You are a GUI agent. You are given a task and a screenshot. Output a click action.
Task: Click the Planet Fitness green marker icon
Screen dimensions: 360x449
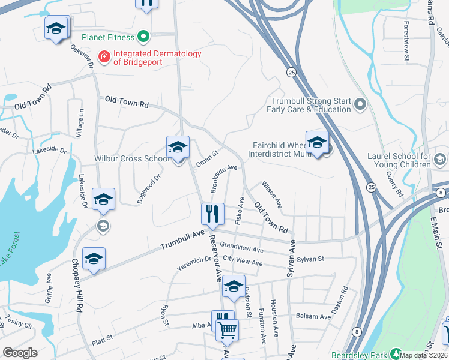click(143, 38)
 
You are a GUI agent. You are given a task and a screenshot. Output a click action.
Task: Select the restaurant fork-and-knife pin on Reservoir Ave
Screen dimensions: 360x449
click(211, 212)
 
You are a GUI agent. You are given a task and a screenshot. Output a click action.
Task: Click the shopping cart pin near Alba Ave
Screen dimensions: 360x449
click(228, 329)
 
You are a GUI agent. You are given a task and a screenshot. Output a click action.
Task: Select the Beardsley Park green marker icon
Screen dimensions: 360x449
click(396, 353)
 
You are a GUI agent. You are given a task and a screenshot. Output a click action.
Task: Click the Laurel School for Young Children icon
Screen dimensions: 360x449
click(439, 159)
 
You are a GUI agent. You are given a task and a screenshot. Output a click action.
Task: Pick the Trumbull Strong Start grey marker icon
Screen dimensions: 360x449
click(360, 106)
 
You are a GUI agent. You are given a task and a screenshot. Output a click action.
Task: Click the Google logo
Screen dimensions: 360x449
click(20, 353)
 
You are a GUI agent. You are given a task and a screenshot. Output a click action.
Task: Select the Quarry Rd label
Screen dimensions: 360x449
click(394, 185)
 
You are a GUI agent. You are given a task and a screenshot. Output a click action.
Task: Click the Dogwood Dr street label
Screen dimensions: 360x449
click(149, 189)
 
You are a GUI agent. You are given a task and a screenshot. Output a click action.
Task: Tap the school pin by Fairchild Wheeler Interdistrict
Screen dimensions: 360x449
click(317, 143)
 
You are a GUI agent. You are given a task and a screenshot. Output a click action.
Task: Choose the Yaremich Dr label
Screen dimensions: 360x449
click(199, 260)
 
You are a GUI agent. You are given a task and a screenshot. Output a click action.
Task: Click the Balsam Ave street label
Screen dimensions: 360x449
click(313, 316)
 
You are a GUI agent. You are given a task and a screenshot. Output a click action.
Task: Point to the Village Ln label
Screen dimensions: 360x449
click(80, 124)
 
